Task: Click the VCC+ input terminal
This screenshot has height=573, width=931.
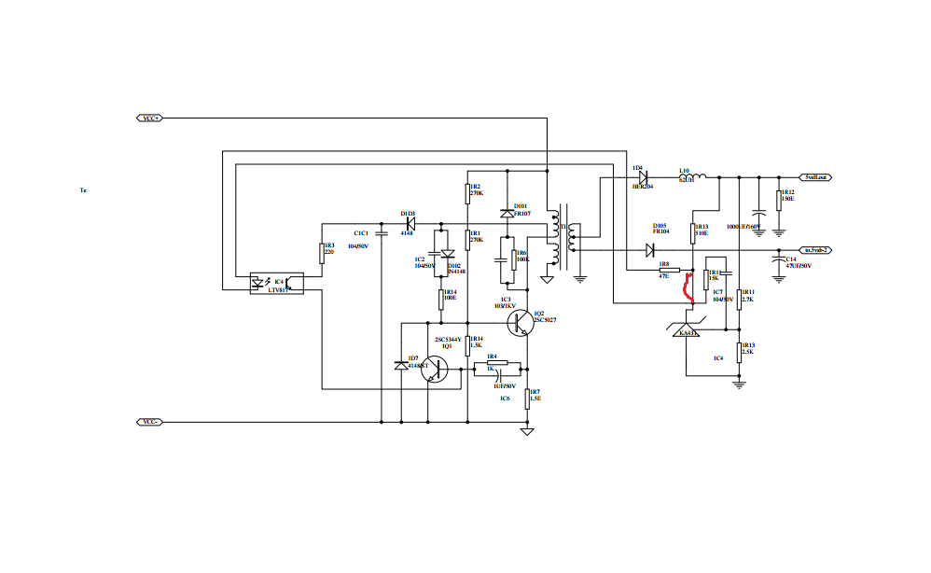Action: point(150,119)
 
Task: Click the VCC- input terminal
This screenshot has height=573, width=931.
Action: point(150,422)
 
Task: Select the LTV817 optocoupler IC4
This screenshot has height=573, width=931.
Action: point(276,284)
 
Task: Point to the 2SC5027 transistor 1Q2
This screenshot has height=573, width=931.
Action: point(521,323)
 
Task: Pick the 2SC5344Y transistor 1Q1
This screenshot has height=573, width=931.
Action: point(434,368)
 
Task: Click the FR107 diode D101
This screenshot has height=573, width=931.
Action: point(507,214)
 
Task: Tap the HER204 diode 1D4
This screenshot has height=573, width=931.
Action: point(643,177)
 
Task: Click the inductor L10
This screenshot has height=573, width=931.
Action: point(694,175)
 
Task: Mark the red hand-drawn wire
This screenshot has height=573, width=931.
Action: point(689,288)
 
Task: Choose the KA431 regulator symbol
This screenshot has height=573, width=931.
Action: point(686,326)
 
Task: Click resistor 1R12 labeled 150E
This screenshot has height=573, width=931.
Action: point(780,198)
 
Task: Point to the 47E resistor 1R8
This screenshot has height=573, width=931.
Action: point(669,272)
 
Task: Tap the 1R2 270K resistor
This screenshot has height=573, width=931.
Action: point(467,192)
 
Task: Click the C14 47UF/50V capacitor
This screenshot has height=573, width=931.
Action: point(780,264)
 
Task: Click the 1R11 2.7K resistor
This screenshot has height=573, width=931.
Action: point(739,299)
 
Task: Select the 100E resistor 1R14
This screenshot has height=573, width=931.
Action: point(442,298)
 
